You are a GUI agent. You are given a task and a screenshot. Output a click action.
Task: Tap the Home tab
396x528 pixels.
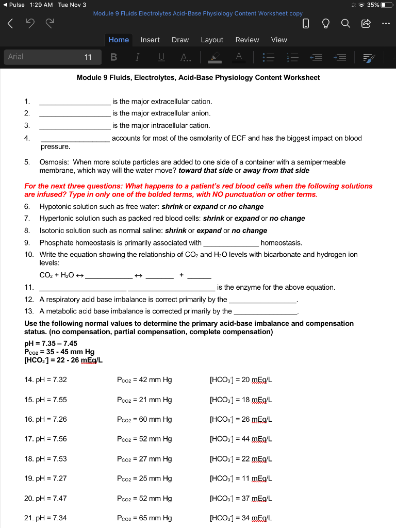tap(119, 40)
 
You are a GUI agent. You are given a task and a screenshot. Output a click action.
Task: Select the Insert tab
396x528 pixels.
tap(150, 40)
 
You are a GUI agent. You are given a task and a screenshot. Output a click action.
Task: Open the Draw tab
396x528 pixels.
tap(180, 40)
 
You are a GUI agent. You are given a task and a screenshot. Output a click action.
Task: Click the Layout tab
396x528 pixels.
tap(212, 40)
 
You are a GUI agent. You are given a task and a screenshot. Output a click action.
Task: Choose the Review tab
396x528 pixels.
tap(247, 40)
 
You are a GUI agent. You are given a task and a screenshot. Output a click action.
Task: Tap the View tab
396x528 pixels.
tap(279, 40)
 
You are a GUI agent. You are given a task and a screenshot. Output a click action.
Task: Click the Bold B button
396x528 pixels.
tap(113, 57)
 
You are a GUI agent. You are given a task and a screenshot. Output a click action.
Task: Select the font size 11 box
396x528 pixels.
tap(88, 57)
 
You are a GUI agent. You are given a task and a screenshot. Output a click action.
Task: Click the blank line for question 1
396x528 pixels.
tap(74, 102)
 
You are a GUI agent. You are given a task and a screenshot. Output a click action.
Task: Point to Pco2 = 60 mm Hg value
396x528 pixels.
tap(144, 419)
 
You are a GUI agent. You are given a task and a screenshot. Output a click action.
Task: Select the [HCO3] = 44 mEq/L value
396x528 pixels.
tap(241, 439)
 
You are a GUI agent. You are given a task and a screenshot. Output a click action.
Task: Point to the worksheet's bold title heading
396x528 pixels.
tap(198, 77)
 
